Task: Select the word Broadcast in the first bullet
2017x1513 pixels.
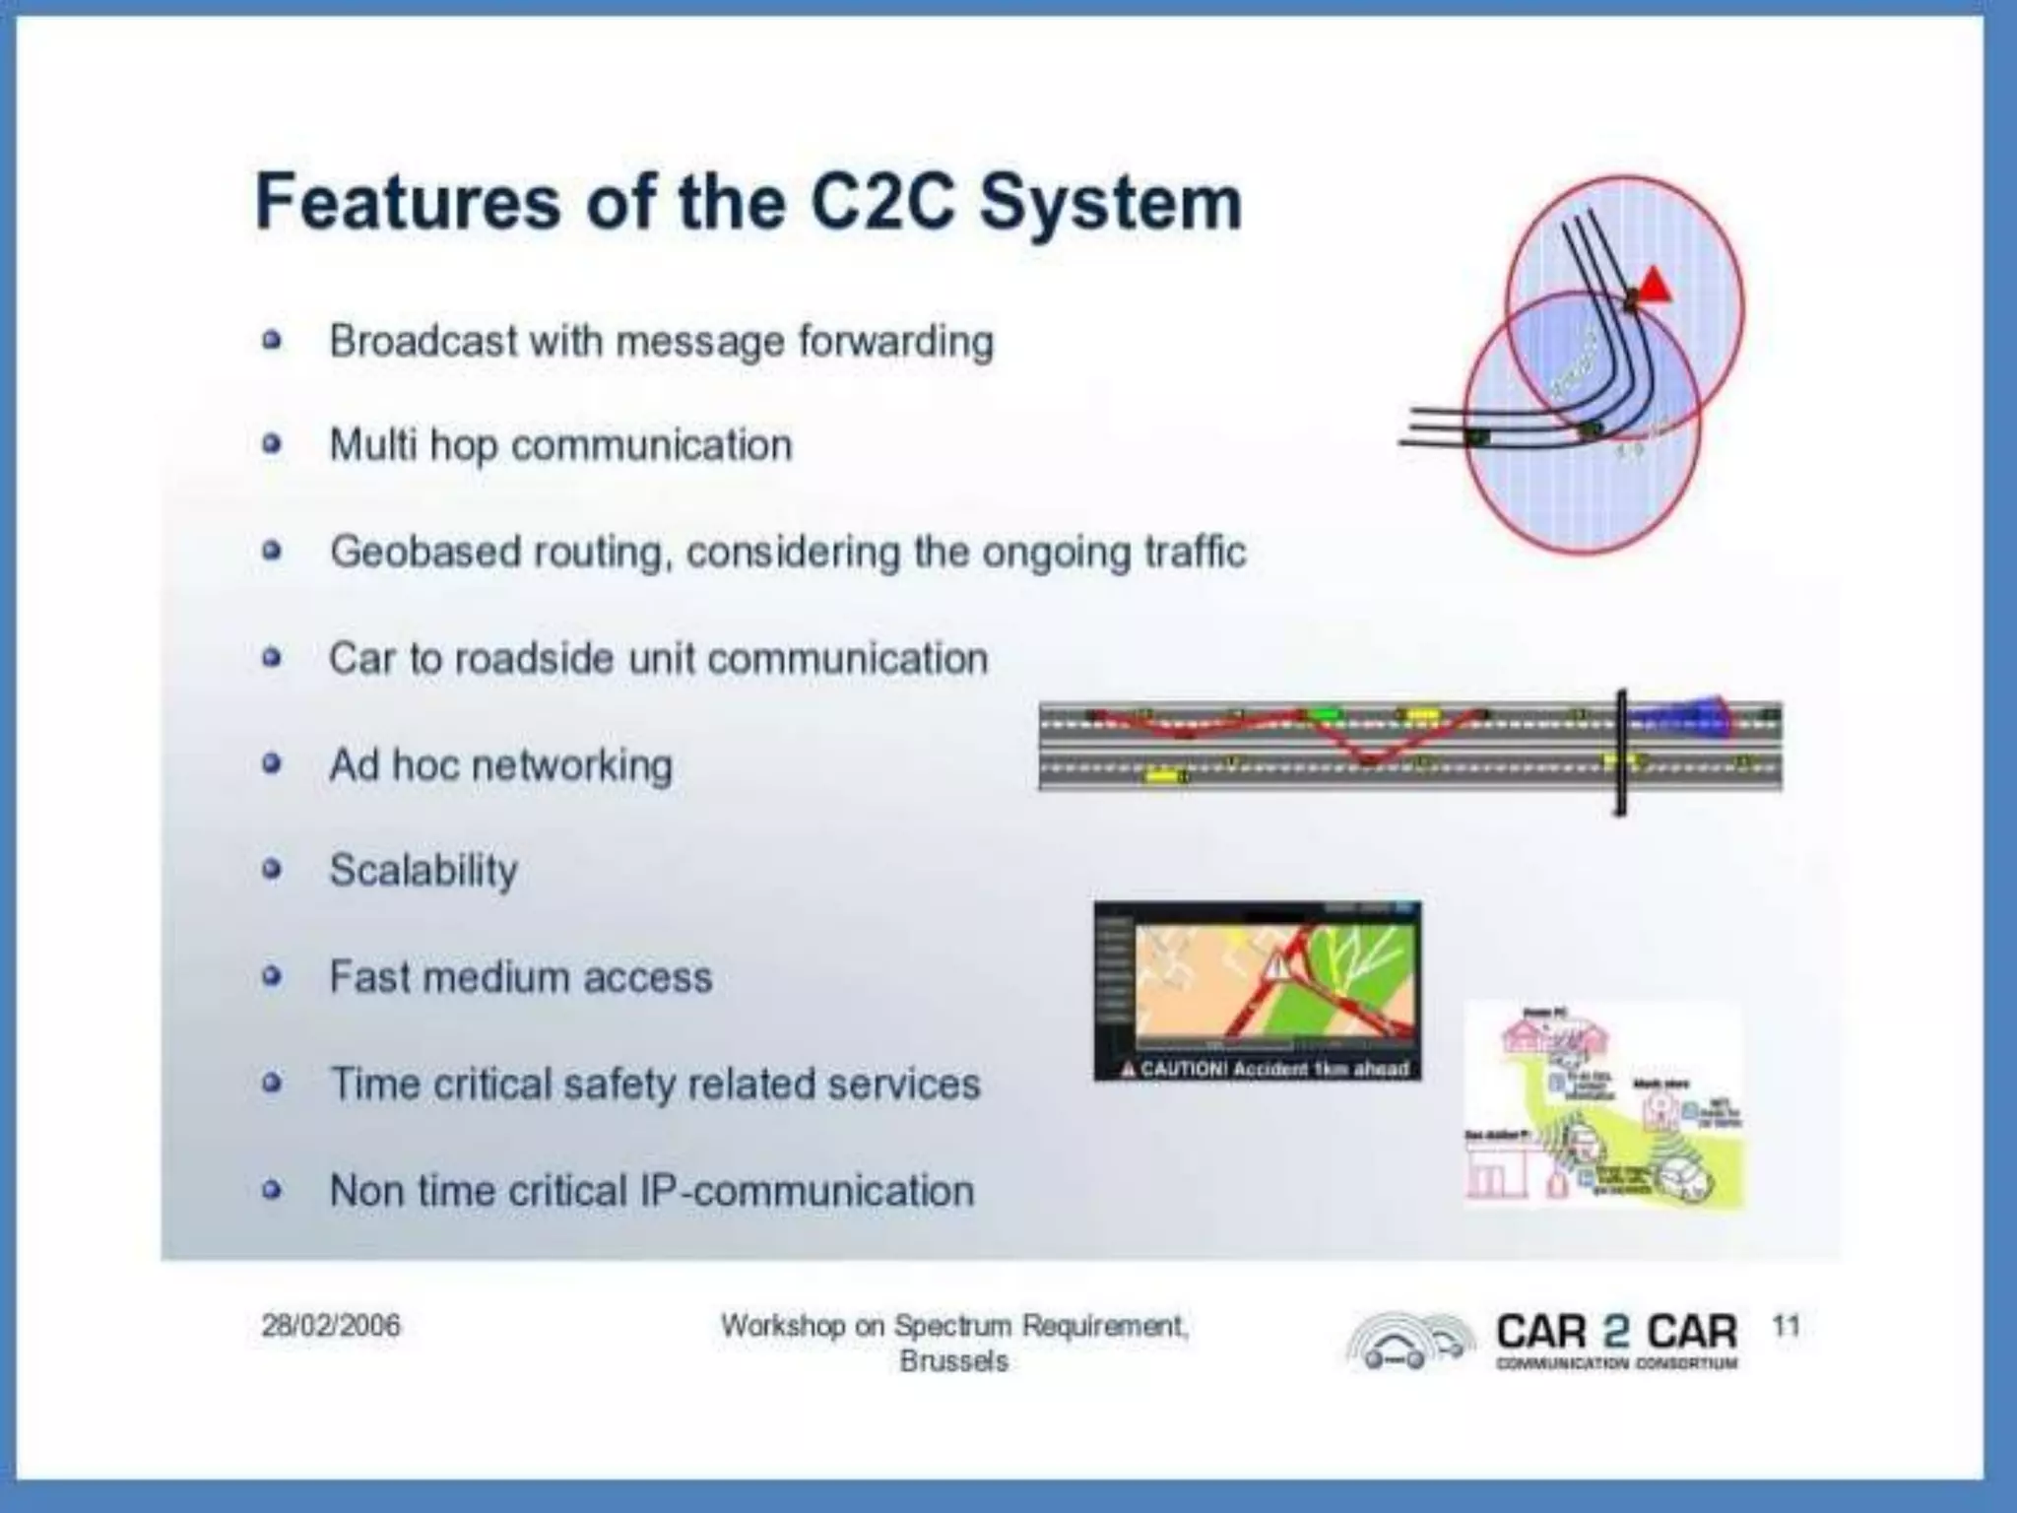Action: pos(423,342)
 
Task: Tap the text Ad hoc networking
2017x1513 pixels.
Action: pos(501,765)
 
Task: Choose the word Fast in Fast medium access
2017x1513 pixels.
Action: pos(368,977)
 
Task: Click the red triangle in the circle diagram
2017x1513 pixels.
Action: pos(1655,287)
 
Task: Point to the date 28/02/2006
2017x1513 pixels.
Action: pos(331,1326)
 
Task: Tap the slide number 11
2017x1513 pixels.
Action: pos(1786,1326)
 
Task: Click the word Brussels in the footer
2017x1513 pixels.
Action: pos(953,1361)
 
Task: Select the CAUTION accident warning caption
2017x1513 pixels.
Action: pos(1266,1069)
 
